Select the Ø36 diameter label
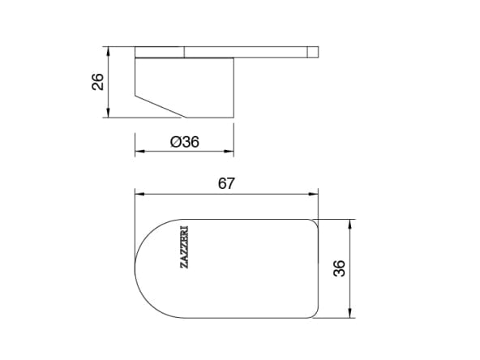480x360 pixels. coord(185,141)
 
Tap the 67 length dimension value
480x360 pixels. coord(226,184)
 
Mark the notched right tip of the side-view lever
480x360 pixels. coord(315,52)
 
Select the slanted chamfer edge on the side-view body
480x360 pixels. coord(161,106)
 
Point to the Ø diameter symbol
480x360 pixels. coord(174,141)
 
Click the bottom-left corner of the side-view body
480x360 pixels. coord(135,96)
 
